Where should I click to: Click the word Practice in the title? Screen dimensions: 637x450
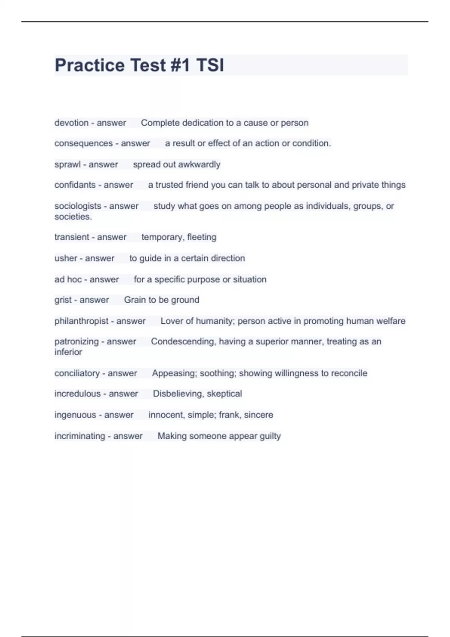(x=89, y=65)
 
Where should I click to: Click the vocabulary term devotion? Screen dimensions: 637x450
(x=71, y=123)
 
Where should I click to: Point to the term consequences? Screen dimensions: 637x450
(x=83, y=144)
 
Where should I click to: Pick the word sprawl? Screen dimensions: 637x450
(x=67, y=164)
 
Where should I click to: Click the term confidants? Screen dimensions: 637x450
(x=75, y=185)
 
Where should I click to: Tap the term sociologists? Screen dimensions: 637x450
(x=78, y=206)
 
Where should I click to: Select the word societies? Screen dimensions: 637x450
(x=73, y=217)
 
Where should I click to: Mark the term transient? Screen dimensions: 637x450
(x=72, y=237)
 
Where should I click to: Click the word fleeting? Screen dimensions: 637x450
(x=201, y=237)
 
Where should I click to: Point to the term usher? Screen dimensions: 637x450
(x=66, y=258)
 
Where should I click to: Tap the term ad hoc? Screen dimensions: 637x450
(x=68, y=280)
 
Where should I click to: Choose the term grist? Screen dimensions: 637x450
(x=63, y=300)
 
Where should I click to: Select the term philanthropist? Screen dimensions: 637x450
(x=81, y=321)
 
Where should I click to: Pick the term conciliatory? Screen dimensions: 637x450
(x=77, y=373)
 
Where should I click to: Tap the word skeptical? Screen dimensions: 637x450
(x=224, y=394)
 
